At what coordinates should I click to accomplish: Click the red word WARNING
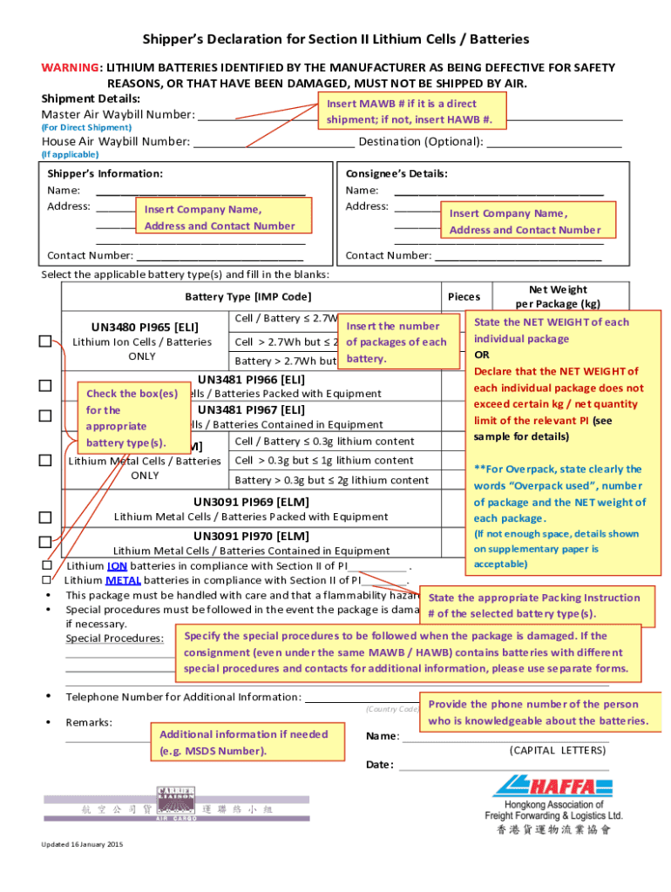click(71, 68)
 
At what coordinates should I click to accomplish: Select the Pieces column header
click(464, 297)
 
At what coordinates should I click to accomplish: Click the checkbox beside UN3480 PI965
click(45, 341)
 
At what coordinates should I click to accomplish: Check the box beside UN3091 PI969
click(45, 517)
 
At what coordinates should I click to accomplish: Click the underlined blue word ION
click(118, 565)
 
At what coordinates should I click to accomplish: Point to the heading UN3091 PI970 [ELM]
click(251, 536)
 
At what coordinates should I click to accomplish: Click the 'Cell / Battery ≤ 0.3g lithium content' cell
click(324, 442)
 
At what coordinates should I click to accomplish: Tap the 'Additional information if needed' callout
click(243, 743)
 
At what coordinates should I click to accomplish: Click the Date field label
click(380, 765)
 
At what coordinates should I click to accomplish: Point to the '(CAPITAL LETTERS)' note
click(558, 750)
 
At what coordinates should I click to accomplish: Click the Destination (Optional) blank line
click(554, 143)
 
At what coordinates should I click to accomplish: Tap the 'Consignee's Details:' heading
click(396, 173)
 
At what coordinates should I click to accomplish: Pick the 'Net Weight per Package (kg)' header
click(558, 296)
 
